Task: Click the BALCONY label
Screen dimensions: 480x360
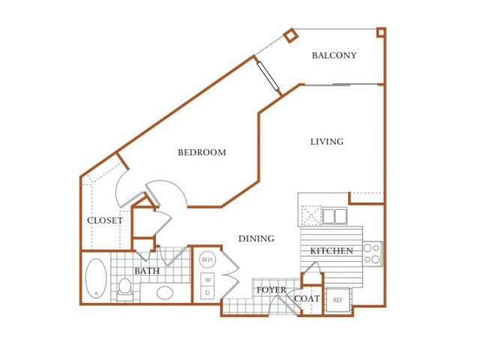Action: click(334, 55)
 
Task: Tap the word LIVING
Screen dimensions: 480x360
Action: click(327, 142)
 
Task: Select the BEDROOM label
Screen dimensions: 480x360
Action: click(202, 152)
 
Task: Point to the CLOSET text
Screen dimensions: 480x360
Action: click(105, 220)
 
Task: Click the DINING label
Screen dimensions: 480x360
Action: click(256, 238)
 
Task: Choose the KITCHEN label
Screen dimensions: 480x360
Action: click(331, 251)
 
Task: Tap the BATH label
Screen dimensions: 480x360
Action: click(147, 271)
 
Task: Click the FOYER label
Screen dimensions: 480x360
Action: click(271, 290)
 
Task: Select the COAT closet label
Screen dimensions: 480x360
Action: click(307, 298)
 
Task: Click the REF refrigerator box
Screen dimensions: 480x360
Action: click(338, 300)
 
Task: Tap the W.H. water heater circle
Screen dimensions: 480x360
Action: click(208, 260)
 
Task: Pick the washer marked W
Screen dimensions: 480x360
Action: click(208, 280)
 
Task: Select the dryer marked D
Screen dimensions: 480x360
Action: click(208, 292)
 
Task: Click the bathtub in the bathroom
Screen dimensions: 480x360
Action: click(96, 278)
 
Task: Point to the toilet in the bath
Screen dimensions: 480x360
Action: click(124, 289)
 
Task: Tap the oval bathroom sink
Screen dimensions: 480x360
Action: click(165, 292)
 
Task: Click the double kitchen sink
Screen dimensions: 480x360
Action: click(334, 216)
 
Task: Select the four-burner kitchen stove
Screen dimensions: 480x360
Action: click(373, 253)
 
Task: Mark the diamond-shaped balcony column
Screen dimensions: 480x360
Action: click(290, 34)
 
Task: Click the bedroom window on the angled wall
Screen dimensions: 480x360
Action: click(268, 76)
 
